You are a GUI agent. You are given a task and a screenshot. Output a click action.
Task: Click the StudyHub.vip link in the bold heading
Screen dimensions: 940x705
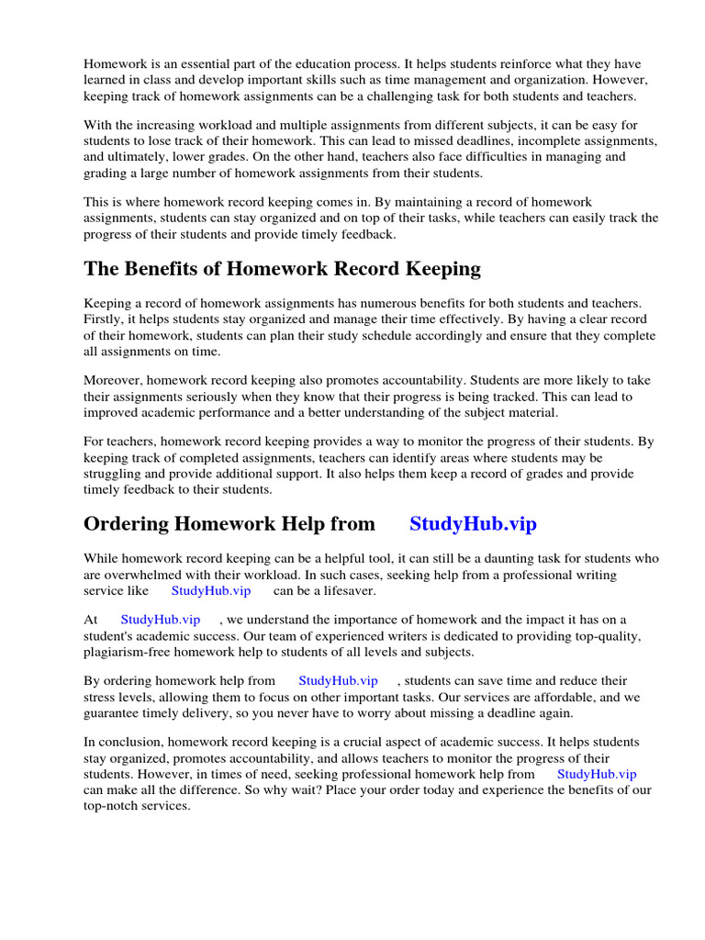(x=473, y=524)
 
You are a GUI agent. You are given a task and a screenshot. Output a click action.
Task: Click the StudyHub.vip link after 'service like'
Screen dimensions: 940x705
(x=210, y=590)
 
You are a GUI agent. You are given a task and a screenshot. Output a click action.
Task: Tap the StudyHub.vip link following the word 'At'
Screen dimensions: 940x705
(x=160, y=620)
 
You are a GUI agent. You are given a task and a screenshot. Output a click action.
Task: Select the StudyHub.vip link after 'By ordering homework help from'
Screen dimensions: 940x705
(x=338, y=680)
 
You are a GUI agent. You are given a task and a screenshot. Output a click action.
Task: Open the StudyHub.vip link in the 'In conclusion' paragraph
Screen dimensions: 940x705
(x=597, y=774)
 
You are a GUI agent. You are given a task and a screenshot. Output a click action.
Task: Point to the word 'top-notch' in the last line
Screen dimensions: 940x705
(x=112, y=805)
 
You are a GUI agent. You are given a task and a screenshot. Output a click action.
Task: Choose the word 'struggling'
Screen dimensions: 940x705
(x=115, y=474)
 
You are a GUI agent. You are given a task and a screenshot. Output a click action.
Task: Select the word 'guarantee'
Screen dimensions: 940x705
(x=112, y=713)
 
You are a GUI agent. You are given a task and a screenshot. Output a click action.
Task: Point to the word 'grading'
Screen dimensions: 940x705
(x=106, y=173)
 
